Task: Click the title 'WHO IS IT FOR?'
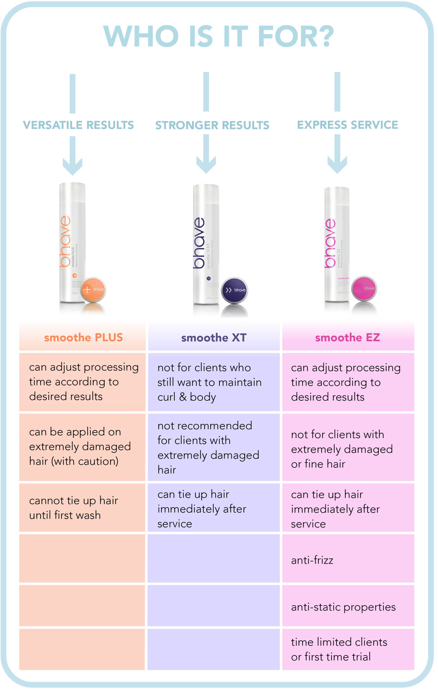[x=219, y=36]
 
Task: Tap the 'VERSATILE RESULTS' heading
[x=78, y=125]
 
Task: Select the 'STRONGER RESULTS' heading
[x=212, y=125]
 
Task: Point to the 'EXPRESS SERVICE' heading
[x=347, y=124]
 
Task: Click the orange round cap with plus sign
[x=93, y=289]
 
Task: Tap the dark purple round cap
[x=234, y=290]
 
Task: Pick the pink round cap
[x=364, y=288]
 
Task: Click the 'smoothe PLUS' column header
[x=83, y=337]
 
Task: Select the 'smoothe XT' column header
[x=214, y=338]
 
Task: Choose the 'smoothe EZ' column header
[x=347, y=337]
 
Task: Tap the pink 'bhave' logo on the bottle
[x=330, y=243]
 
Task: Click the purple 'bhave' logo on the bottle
[x=199, y=243]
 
